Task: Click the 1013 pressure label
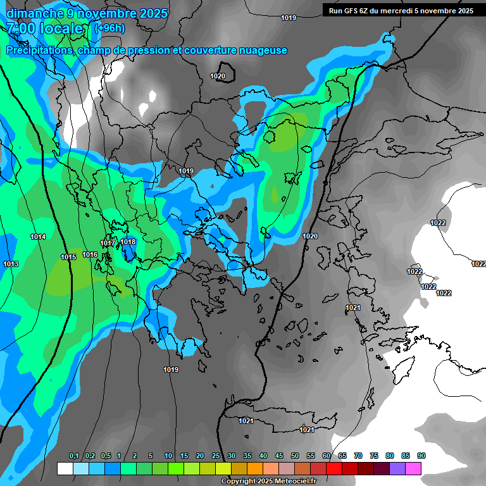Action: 11,264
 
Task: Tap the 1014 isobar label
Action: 38,237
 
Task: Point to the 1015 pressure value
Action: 68,257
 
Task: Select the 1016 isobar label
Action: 90,254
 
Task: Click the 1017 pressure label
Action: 108,244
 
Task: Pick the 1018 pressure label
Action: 128,241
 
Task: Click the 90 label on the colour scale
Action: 421,456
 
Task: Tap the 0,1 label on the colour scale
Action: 73,456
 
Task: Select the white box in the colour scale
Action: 65,468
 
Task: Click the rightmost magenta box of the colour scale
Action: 413,468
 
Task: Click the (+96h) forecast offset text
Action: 109,28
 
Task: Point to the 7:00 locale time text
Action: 46,29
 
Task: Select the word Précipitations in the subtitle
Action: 39,51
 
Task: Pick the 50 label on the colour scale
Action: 294,456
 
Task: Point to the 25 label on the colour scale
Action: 216,456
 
